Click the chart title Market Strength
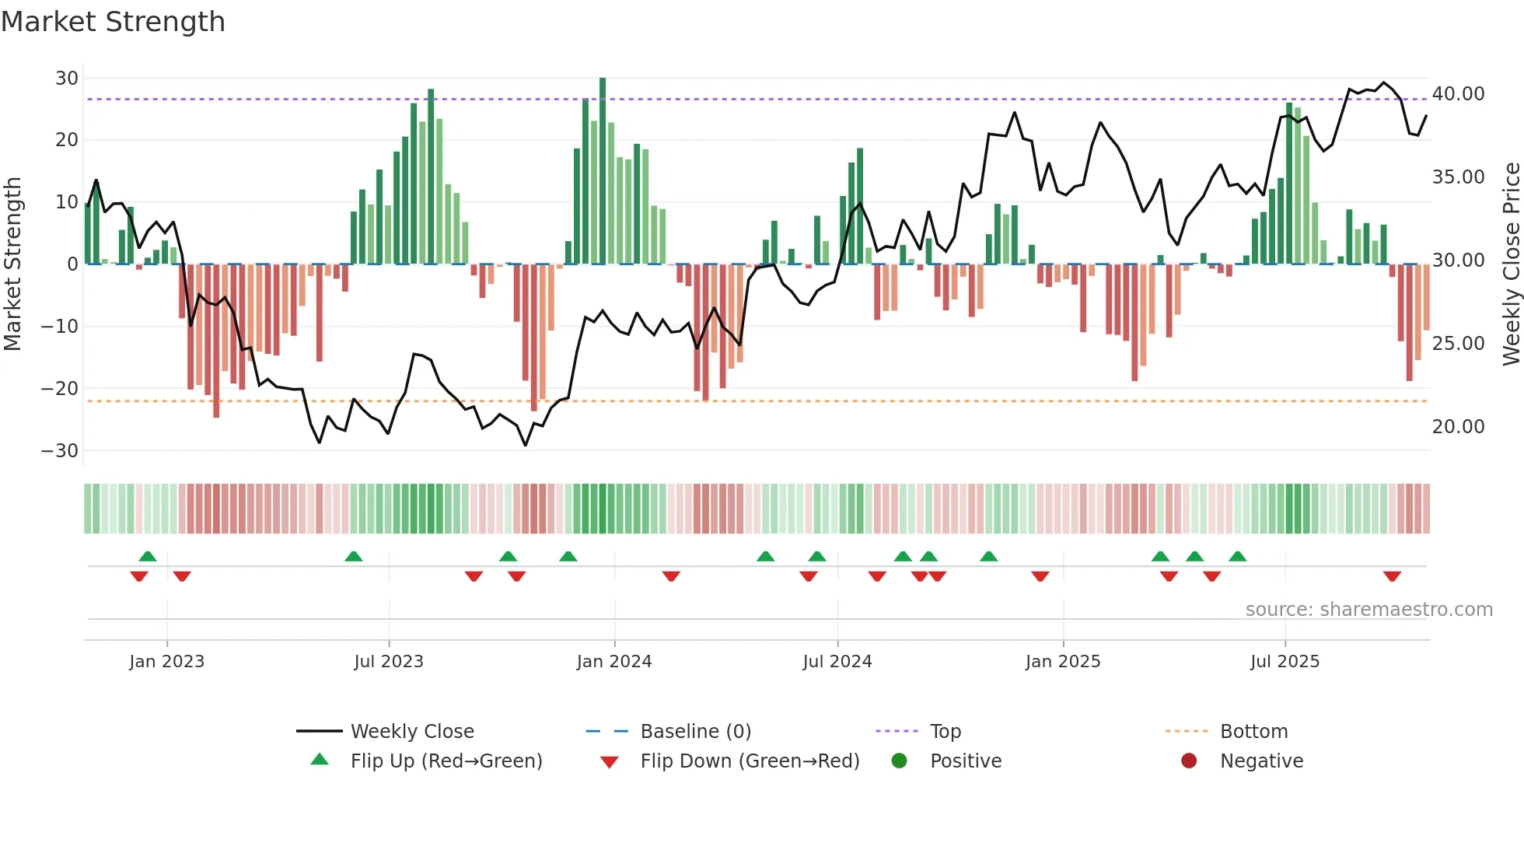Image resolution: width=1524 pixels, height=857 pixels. (113, 22)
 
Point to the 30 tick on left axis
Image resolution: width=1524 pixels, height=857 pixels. (67, 78)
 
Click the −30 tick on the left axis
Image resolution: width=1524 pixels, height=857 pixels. (60, 451)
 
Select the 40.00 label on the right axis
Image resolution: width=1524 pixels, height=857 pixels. (1458, 94)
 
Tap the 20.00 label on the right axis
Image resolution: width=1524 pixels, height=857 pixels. (1458, 427)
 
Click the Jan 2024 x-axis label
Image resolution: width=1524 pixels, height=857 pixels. (613, 662)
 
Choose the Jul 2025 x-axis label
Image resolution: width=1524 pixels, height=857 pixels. (1285, 662)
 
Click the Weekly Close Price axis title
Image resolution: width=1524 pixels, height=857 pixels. (1511, 264)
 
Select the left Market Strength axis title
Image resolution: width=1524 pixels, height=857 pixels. (13, 264)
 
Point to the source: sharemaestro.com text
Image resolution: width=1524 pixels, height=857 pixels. (1368, 610)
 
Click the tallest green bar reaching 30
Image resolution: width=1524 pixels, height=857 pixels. (603, 171)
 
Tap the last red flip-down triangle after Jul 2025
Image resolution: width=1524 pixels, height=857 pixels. (1392, 576)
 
